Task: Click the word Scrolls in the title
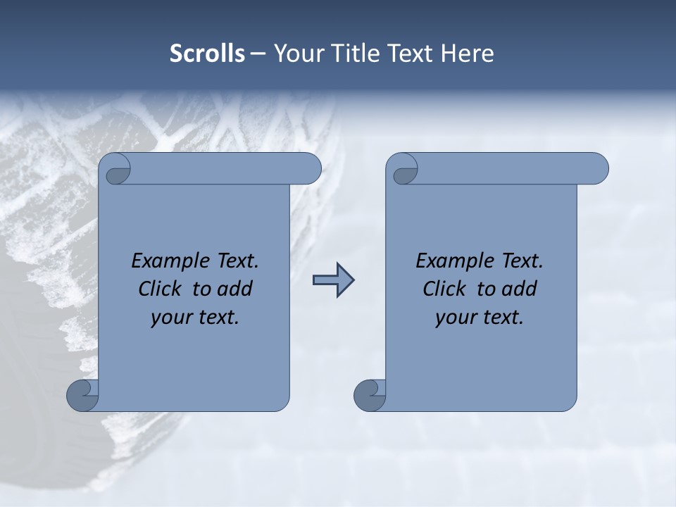click(207, 54)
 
